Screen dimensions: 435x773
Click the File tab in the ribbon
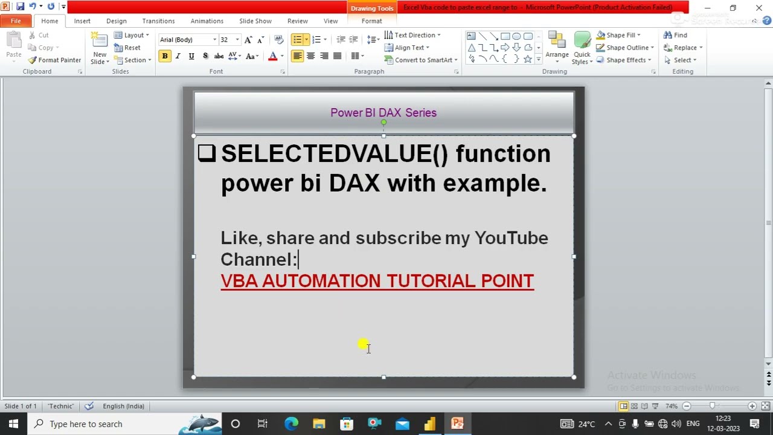(16, 21)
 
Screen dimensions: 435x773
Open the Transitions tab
(158, 21)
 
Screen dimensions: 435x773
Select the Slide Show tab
(255, 21)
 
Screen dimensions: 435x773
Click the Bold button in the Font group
(164, 56)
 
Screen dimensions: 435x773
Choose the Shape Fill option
(619, 35)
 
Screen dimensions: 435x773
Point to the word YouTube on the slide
(511, 238)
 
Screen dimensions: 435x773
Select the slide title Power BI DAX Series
(383, 113)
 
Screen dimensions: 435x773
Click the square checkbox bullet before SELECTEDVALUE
(207, 153)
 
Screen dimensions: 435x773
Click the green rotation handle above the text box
(383, 123)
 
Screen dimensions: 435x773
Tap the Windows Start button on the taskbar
(13, 424)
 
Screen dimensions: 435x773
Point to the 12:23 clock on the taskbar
(723, 418)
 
